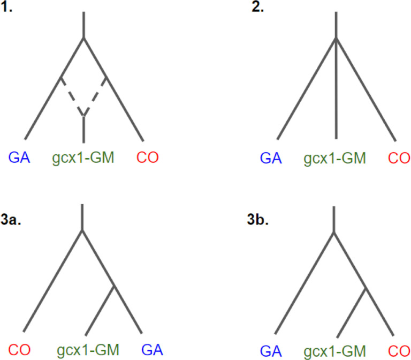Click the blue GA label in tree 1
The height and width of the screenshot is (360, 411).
(18, 157)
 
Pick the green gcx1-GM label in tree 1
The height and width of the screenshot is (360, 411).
(83, 158)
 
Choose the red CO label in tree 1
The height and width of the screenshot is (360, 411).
(148, 157)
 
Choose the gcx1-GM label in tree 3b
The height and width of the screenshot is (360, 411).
(335, 351)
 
